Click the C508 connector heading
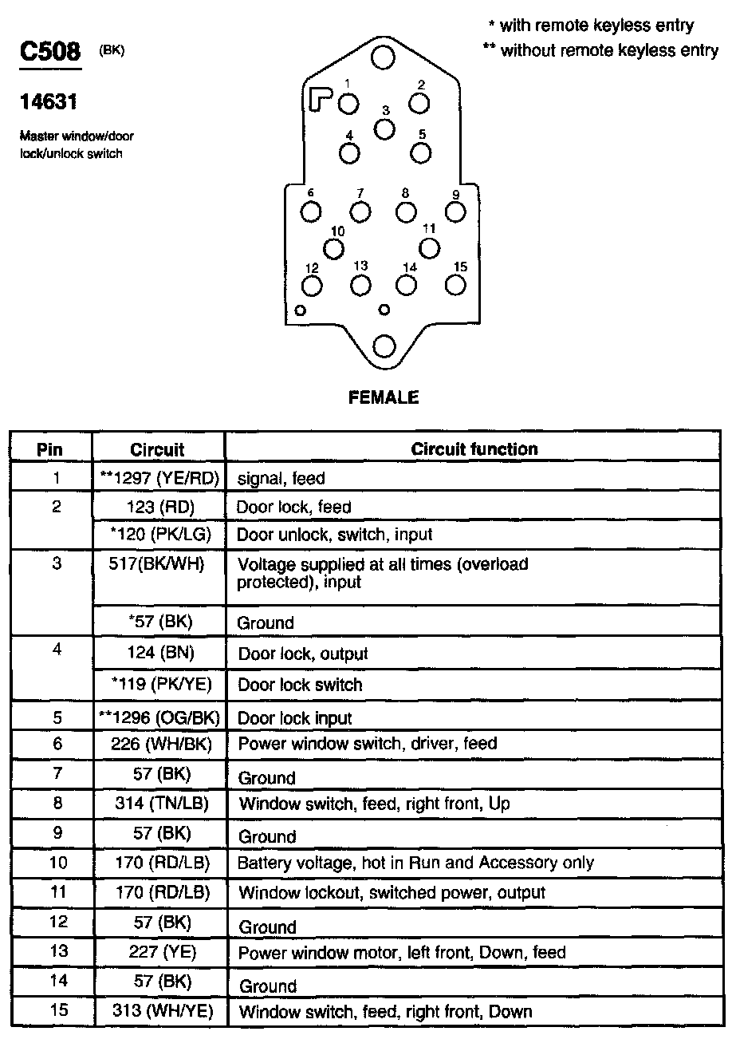[49, 53]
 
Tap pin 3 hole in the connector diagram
[384, 128]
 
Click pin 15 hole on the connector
[456, 285]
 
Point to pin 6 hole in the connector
[311, 211]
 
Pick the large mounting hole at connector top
[384, 57]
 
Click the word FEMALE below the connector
[384, 397]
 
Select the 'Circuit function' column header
[474, 448]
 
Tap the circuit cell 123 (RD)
[159, 506]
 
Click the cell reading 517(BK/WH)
[159, 564]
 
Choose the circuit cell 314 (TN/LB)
[159, 804]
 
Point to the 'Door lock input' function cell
[295, 718]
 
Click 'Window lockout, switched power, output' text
[392, 892]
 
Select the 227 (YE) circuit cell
[159, 951]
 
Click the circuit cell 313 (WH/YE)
[159, 1011]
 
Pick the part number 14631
[48, 103]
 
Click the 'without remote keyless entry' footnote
[600, 50]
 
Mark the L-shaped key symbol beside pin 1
[321, 98]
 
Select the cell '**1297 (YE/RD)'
[159, 478]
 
